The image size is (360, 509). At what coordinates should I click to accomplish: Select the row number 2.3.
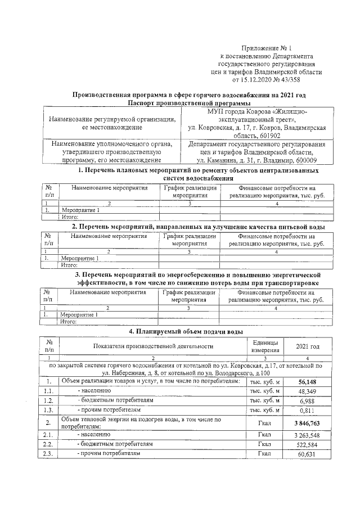(x=49, y=454)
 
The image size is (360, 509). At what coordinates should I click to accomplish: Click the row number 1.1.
(x=49, y=391)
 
